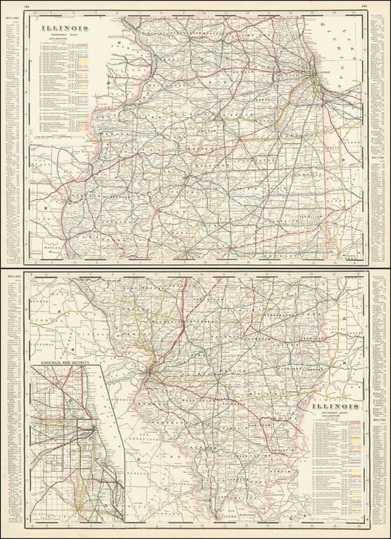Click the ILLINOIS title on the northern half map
pos(64,30)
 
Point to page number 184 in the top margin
pos(27,6)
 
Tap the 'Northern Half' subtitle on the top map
pos(64,37)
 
